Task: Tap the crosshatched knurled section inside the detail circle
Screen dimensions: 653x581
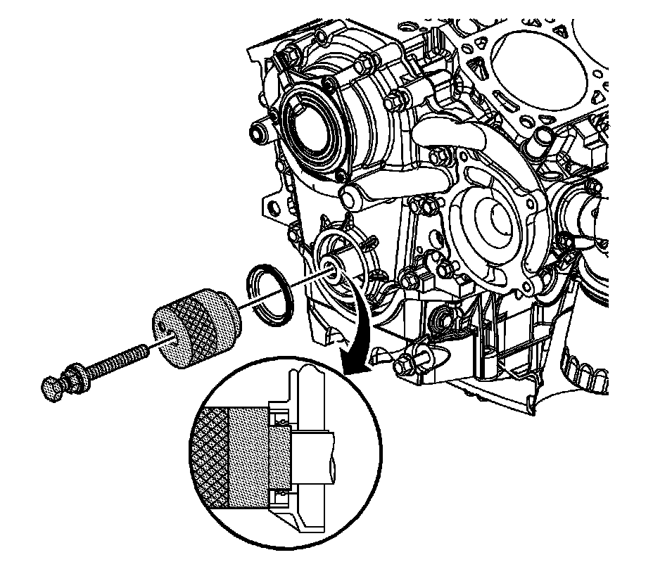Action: (x=210, y=457)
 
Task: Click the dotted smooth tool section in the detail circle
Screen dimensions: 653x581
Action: (x=248, y=457)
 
